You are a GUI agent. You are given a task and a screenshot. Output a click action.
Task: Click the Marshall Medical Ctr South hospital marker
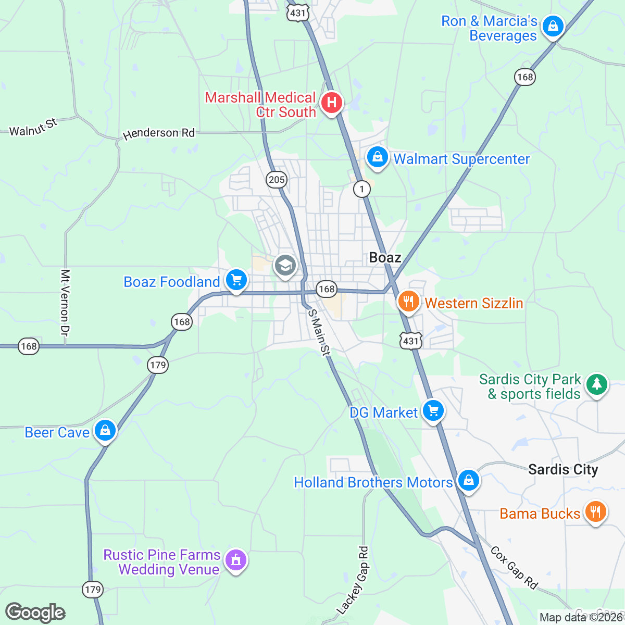click(x=331, y=103)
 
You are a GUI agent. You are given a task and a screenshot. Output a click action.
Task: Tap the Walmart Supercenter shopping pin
click(x=377, y=157)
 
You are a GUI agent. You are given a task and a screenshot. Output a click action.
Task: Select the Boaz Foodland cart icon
click(x=236, y=281)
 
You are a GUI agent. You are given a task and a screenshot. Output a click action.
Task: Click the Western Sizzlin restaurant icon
click(x=409, y=302)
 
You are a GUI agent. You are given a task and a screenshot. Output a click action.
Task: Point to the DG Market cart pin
click(x=433, y=411)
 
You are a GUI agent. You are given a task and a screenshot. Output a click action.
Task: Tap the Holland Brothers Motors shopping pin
click(x=468, y=481)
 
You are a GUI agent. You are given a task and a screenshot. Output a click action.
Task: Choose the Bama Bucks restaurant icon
click(x=595, y=512)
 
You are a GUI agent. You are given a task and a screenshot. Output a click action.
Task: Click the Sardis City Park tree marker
click(x=597, y=385)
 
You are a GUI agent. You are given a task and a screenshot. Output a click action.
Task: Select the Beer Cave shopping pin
click(x=105, y=431)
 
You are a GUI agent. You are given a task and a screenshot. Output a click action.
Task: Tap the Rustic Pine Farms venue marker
click(x=236, y=561)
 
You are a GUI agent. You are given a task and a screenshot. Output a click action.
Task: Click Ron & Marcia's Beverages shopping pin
click(x=553, y=26)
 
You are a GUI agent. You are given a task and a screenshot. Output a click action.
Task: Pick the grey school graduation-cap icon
click(x=285, y=266)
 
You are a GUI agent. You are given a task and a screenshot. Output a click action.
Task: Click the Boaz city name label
click(x=385, y=257)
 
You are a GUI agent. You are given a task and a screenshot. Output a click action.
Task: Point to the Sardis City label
click(x=563, y=469)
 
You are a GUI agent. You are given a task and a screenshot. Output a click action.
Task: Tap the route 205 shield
click(x=276, y=180)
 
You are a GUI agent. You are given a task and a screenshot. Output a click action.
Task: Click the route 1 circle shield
click(x=361, y=189)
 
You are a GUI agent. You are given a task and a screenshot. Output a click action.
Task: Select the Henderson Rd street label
click(x=158, y=133)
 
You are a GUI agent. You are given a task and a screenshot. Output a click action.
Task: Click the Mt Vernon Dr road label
click(x=65, y=302)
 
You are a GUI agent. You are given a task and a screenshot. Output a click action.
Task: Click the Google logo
click(x=35, y=612)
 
